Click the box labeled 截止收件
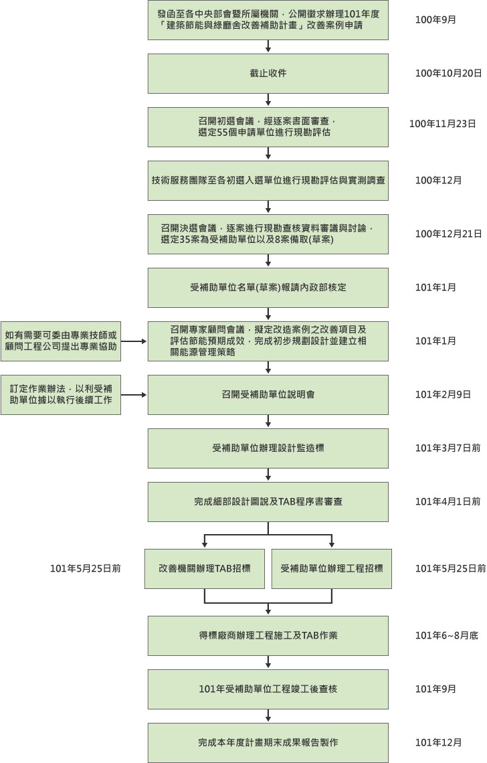[268, 73]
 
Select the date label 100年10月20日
[448, 73]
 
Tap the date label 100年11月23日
[443, 124]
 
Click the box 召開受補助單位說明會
[268, 394]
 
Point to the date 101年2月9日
[443, 394]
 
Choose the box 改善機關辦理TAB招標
[204, 568]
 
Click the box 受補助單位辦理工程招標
[332, 568]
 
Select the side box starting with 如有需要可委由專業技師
[61, 341]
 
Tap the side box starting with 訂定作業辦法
[61, 394]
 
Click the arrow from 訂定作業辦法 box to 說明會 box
[134, 394]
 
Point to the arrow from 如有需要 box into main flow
[134, 341]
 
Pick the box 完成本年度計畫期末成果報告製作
[268, 742]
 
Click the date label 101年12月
[438, 742]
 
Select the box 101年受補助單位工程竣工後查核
[268, 689]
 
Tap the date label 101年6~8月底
[446, 635]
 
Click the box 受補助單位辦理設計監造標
[268, 448]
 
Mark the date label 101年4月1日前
[448, 501]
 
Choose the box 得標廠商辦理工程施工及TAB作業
[268, 635]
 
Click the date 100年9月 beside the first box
[435, 19]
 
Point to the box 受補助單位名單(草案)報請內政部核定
[268, 287]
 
